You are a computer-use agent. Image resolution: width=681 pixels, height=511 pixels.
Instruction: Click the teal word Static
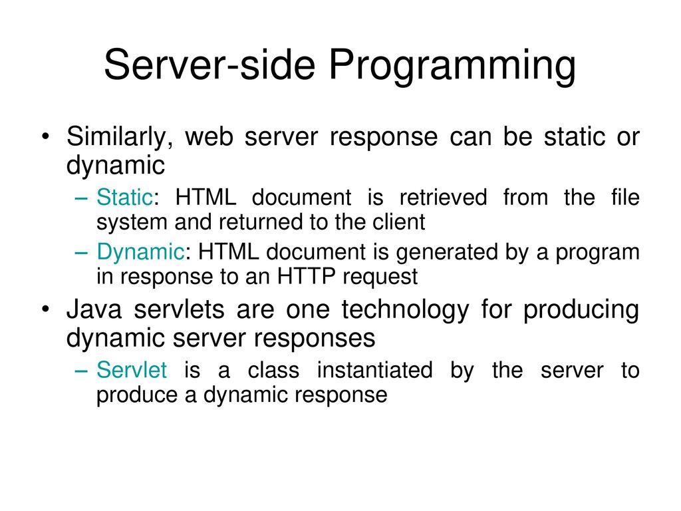(x=124, y=197)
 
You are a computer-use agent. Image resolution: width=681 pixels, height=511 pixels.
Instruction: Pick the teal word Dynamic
(x=141, y=252)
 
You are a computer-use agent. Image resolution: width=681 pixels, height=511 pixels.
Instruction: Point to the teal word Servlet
(x=132, y=370)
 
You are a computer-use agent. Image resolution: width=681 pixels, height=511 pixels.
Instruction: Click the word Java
(x=94, y=310)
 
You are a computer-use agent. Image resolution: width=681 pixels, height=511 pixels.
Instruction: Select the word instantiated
(x=375, y=370)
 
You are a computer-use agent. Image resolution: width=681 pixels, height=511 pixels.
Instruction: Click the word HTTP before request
(x=306, y=276)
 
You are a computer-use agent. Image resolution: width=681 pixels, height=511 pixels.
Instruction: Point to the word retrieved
(x=444, y=197)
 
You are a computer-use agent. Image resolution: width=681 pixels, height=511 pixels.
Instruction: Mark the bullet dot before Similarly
(x=46, y=137)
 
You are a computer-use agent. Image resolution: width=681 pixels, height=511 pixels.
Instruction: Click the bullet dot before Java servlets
(x=46, y=310)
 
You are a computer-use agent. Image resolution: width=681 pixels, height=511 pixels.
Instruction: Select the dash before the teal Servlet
(x=81, y=371)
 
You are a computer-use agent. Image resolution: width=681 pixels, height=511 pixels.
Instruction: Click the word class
(x=273, y=370)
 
